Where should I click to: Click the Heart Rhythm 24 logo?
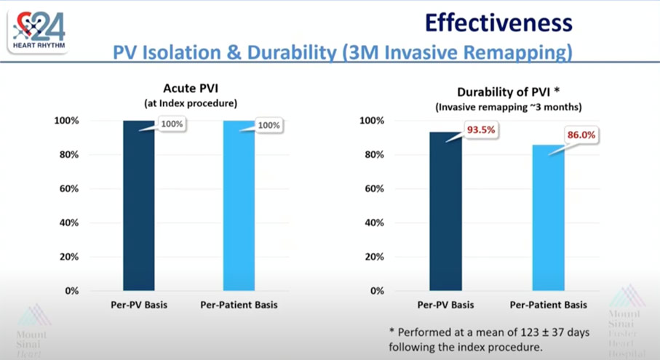[x=39, y=31]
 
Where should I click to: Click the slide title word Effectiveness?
[x=498, y=23]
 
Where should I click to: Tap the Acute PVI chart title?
[x=191, y=88]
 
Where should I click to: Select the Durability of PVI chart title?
[x=508, y=92]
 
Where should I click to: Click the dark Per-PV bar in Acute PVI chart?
[x=139, y=206]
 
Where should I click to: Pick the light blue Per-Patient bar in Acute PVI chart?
[x=239, y=206]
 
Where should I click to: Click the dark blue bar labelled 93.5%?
[x=445, y=211]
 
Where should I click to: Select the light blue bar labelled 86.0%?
[x=549, y=218]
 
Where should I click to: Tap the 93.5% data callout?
[x=481, y=130]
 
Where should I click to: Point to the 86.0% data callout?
[x=581, y=135]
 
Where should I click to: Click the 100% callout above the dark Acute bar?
[x=172, y=124]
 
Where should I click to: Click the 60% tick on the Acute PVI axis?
[x=69, y=189]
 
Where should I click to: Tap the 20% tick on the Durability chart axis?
[x=374, y=257]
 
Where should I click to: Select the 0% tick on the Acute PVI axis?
[x=71, y=291]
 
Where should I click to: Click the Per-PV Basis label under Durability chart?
[x=445, y=305]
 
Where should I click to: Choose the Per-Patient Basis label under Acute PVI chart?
[x=239, y=305]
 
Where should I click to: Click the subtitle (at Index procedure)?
[x=191, y=103]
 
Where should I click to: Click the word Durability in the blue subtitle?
[x=292, y=53]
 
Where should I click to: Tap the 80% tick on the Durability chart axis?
[x=374, y=155]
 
